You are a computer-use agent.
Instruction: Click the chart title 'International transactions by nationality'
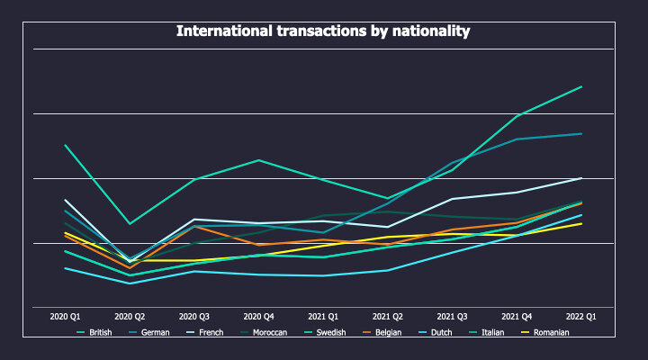[323, 31]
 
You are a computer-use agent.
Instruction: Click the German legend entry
[157, 332]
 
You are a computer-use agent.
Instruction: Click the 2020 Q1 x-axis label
[66, 317]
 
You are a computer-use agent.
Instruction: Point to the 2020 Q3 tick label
[194, 317]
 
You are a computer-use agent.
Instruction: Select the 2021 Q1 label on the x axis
[323, 317]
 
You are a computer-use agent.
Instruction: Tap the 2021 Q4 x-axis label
[517, 317]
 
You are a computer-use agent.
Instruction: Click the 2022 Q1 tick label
[581, 317]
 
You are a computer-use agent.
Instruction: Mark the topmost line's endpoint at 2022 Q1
[581, 87]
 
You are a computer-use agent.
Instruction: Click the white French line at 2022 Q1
[581, 178]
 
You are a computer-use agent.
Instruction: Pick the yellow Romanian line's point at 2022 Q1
[581, 223]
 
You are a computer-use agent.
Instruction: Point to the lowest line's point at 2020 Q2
[130, 283]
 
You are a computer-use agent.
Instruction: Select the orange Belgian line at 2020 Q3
[194, 227]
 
